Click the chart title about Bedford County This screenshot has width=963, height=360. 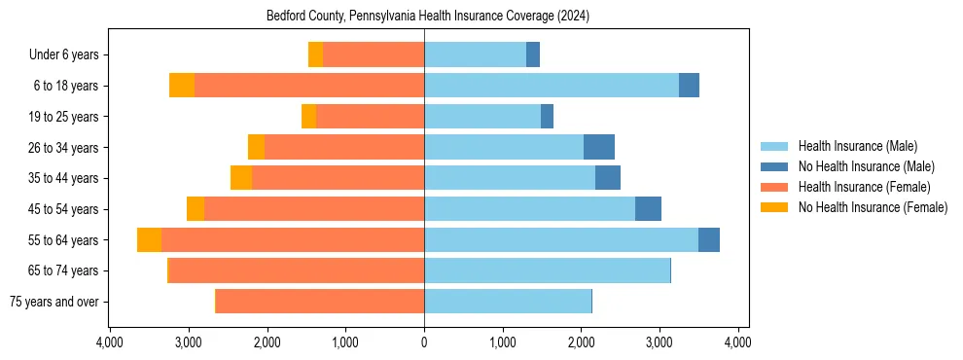click(428, 17)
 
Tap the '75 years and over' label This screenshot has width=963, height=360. click(53, 302)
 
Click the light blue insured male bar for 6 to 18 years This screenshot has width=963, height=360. click(551, 86)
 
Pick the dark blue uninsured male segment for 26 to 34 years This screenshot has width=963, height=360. click(599, 147)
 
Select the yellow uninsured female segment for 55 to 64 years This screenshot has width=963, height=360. click(149, 240)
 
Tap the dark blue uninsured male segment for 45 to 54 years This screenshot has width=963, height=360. click(648, 209)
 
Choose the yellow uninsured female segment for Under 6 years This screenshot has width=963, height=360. click(315, 55)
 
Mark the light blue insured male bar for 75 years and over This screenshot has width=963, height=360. click(507, 302)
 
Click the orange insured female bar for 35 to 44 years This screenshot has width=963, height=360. click(338, 178)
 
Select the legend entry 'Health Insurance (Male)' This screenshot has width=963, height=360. click(857, 146)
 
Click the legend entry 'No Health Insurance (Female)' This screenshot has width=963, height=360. click(873, 207)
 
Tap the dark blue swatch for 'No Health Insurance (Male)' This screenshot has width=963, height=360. click(774, 166)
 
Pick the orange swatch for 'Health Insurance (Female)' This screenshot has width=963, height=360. click(774, 187)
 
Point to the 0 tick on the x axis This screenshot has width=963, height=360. click(424, 342)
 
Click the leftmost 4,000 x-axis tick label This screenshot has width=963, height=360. click(109, 342)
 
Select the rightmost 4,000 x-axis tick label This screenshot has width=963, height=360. click(737, 342)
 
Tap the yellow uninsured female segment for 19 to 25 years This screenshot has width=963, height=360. click(308, 117)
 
